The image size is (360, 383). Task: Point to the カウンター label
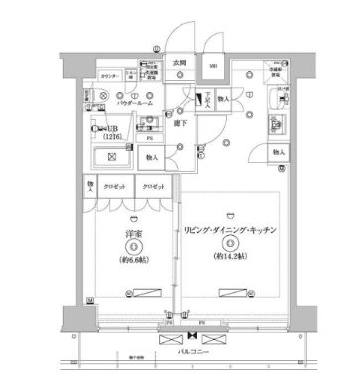point(109,75)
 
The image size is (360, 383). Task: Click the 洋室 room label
point(133,234)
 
